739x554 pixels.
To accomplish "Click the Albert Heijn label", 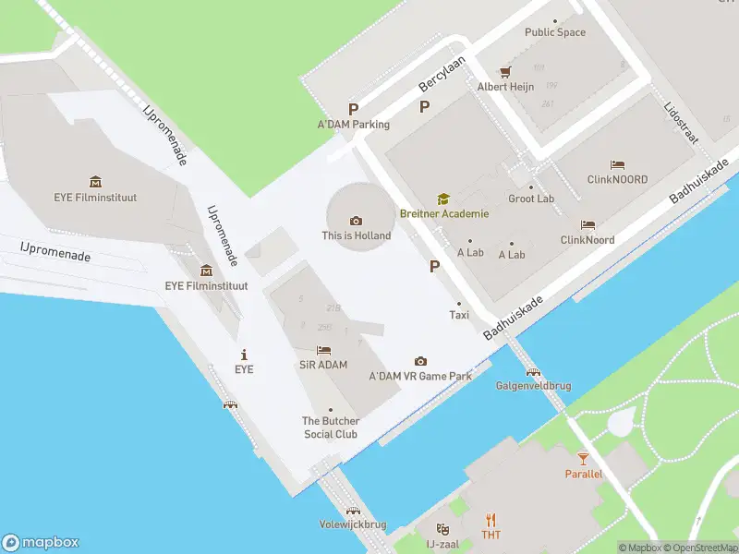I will pyautogui.click(x=505, y=87).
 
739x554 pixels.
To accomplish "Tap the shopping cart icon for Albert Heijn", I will pyautogui.click(x=505, y=71).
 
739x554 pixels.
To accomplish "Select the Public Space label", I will pyautogui.click(x=555, y=32).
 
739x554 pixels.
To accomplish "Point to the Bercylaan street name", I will pyautogui.click(x=440, y=71).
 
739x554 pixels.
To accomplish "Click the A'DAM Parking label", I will pyautogui.click(x=354, y=125).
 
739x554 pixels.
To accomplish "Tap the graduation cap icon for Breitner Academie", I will pyautogui.click(x=443, y=199).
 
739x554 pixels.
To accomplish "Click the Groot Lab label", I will pyautogui.click(x=531, y=199).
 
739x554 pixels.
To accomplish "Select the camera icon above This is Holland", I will pyautogui.click(x=356, y=220).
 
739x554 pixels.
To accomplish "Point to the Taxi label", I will pyautogui.click(x=459, y=315).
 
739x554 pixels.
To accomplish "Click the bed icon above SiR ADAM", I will pyautogui.click(x=323, y=350).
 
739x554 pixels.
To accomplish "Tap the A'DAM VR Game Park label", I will pyautogui.click(x=420, y=376).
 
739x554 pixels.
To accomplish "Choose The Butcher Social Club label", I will pyautogui.click(x=331, y=428).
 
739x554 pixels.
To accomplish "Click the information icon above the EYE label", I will pyautogui.click(x=244, y=355).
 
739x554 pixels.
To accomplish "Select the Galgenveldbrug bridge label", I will pyautogui.click(x=532, y=385).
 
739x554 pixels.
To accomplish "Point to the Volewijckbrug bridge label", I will pyautogui.click(x=352, y=524).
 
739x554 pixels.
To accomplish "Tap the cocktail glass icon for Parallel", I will pyautogui.click(x=583, y=458).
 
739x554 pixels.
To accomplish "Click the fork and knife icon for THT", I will pyautogui.click(x=491, y=519).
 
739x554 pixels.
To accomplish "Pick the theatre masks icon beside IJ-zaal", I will pyautogui.click(x=442, y=529).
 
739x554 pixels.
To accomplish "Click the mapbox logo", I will pyautogui.click(x=41, y=543).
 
